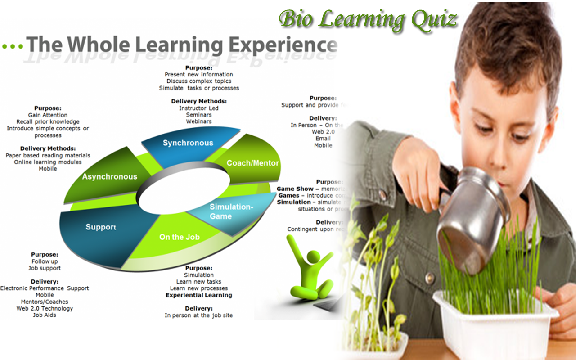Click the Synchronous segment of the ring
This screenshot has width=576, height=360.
[188, 143]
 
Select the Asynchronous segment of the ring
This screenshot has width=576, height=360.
[109, 176]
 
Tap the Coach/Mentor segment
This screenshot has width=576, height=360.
[252, 163]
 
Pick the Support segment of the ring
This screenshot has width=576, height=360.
[101, 227]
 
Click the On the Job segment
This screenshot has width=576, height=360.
[179, 237]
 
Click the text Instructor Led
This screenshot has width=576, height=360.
[198, 108]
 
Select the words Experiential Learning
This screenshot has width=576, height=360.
[199, 295]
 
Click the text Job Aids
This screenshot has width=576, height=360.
[45, 315]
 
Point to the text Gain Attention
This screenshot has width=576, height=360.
[48, 115]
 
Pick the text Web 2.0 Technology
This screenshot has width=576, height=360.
[45, 309]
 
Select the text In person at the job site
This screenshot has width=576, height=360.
[199, 315]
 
